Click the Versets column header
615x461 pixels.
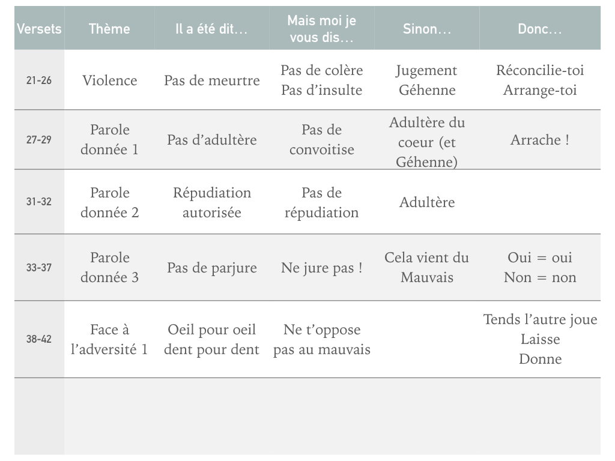point(39,29)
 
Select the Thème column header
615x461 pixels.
point(109,29)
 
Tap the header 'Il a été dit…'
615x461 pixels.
point(211,29)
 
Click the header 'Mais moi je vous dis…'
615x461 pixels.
point(322,29)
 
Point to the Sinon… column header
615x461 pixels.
point(427,29)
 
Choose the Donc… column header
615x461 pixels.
point(540,29)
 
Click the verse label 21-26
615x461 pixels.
point(39,80)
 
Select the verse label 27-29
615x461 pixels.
point(39,140)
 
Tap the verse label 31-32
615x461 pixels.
point(39,202)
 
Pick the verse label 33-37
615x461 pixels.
point(39,268)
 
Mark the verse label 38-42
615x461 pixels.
point(39,339)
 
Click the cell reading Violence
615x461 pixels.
point(109,80)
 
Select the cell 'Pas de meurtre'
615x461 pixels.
point(211,80)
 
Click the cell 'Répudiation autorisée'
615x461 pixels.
point(211,202)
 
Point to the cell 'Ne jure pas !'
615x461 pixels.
point(322,268)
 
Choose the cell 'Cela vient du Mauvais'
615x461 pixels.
point(427,267)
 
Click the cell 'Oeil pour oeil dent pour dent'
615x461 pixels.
point(211,339)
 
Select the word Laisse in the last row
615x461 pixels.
point(540,339)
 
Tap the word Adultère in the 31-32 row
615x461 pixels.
point(427,202)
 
